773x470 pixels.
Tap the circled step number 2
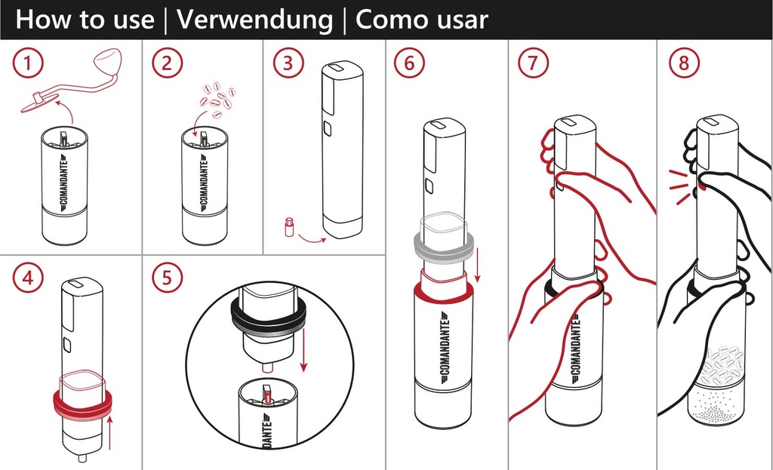coord(167,63)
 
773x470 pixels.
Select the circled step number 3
coord(287,63)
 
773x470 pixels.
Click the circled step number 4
coord(27,278)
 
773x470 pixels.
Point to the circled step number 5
coord(167,278)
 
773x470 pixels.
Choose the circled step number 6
coord(408,63)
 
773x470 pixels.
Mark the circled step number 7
coord(533,63)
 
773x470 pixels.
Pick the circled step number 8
coord(684,63)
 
